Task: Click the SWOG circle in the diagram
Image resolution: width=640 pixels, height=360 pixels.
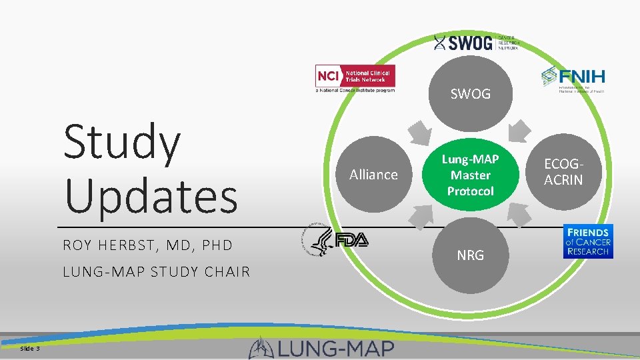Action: pos(470,94)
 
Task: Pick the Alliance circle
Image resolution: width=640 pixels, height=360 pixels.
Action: pos(373,175)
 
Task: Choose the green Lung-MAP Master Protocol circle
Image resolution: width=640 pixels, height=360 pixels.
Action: pos(470,175)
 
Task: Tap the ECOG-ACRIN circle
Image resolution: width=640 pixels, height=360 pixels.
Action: pos(563,172)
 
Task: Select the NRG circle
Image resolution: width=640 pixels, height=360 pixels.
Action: pos(470,255)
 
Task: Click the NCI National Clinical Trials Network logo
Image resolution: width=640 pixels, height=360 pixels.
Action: pos(355,79)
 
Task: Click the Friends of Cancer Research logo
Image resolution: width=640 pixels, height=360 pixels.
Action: pos(587,241)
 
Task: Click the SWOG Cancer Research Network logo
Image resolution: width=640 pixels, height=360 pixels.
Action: pos(475,43)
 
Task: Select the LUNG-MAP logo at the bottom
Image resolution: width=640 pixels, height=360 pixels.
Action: pos(322,347)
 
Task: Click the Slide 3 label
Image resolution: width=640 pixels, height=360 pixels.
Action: pos(30,349)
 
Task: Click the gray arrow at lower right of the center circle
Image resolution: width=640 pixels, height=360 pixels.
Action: pos(519,215)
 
